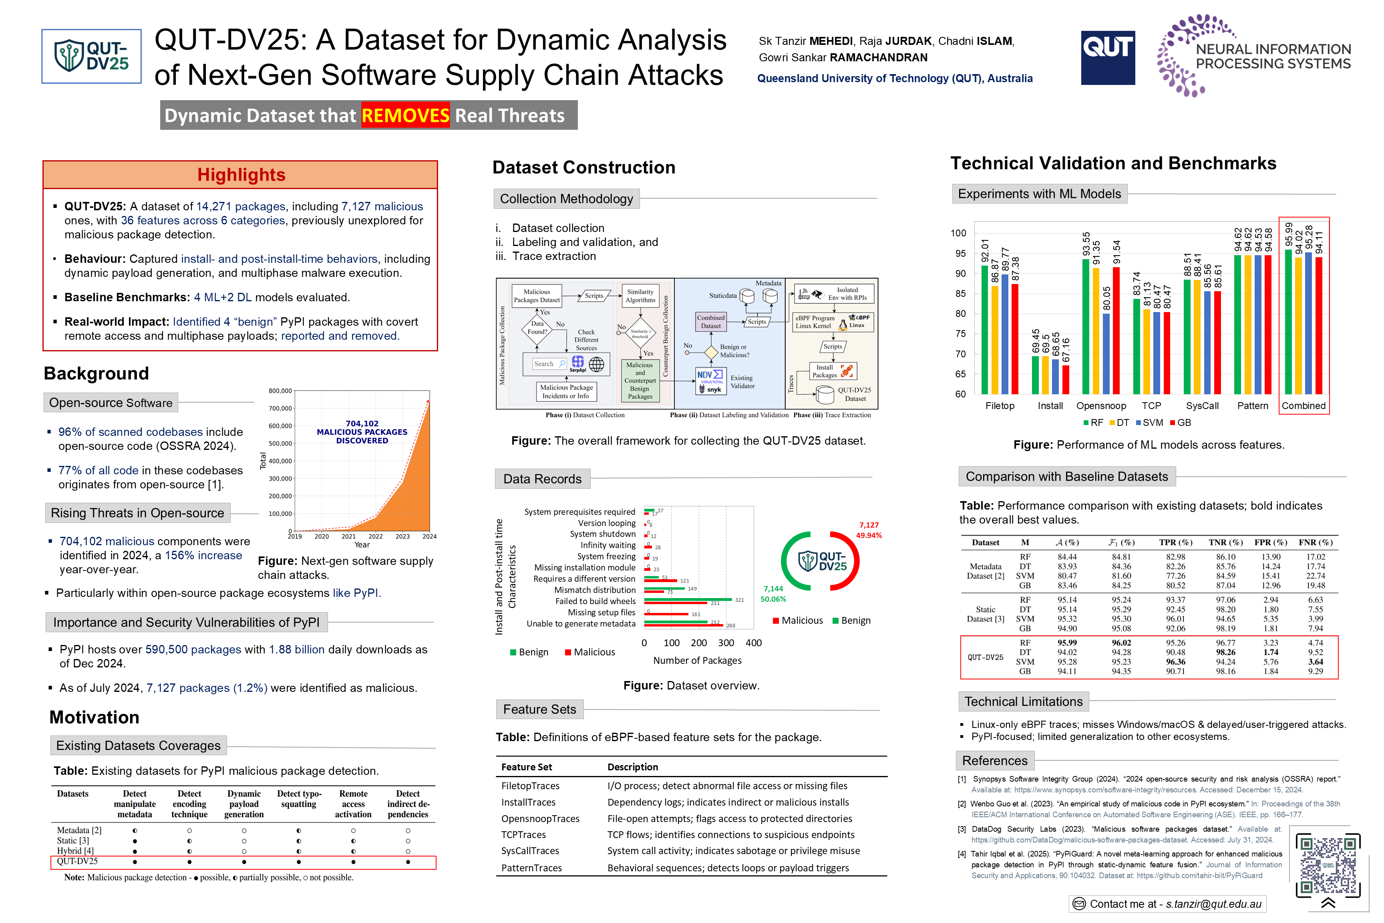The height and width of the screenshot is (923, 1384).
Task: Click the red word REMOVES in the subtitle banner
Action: coord(405,115)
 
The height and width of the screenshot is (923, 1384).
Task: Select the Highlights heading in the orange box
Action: coord(241,175)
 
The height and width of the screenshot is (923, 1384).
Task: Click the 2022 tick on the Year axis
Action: coord(375,537)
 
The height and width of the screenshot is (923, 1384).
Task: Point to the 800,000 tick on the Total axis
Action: coord(280,391)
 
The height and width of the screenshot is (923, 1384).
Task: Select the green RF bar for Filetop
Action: coord(984,330)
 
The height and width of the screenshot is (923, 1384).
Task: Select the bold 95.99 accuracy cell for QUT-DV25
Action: coord(1067,643)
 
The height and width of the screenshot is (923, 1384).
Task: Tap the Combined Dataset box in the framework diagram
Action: coord(710,321)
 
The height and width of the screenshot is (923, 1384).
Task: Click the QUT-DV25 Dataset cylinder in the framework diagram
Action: coord(826,394)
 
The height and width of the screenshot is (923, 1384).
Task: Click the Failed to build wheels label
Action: coord(595,601)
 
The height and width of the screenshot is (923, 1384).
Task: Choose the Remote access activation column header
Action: coord(353,804)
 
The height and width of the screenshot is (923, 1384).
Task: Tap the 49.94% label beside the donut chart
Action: coord(869,536)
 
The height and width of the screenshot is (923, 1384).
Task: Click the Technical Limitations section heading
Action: coord(1023,702)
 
